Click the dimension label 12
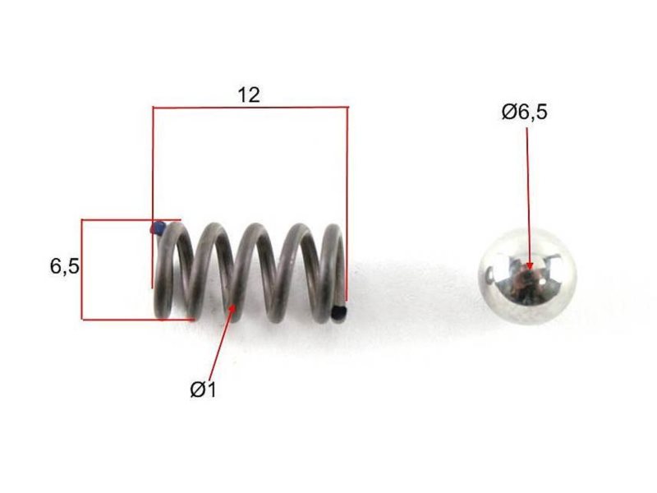click(249, 95)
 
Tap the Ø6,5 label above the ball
click(524, 113)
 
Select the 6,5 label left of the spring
click(65, 265)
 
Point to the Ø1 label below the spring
click(203, 389)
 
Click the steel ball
click(527, 276)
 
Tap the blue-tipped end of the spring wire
click(158, 228)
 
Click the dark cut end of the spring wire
click(339, 313)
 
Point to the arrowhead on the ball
click(530, 265)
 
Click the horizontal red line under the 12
click(250, 108)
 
